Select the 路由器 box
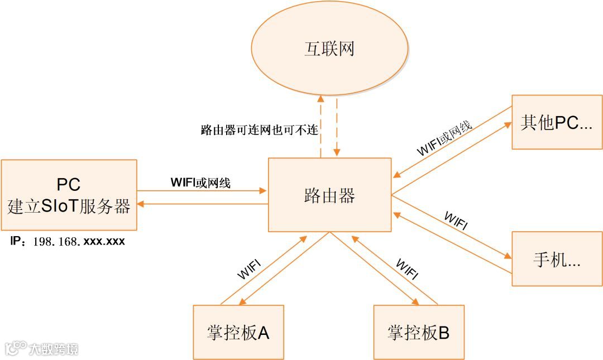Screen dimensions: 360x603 (329, 195)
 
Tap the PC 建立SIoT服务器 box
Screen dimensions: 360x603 (69, 195)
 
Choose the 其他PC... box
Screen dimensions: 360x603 (557, 122)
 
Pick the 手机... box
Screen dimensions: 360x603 (557, 259)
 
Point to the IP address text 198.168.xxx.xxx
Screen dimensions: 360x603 (78, 242)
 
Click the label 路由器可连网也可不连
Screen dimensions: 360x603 (259, 131)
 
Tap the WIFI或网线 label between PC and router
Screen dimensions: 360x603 (200, 182)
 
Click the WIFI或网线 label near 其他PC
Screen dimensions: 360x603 (444, 137)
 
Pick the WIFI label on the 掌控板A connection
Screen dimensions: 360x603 (249, 268)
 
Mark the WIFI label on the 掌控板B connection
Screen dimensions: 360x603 (407, 268)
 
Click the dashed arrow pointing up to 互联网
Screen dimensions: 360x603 (321, 126)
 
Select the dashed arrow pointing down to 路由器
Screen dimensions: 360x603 (337, 126)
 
